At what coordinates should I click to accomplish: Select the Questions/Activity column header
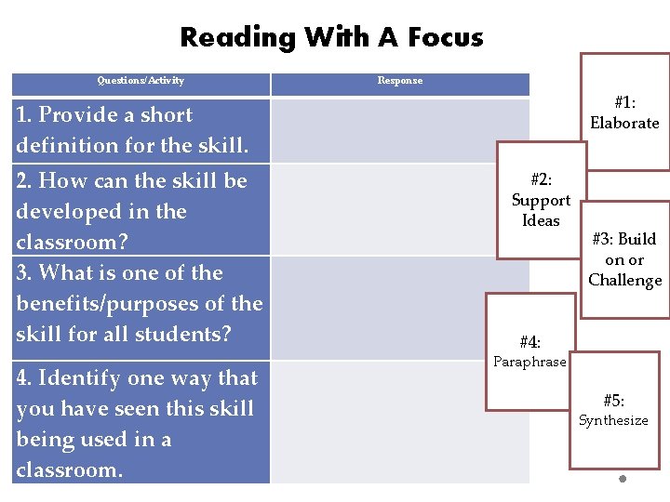coord(141,81)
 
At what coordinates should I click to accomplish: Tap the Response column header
coord(400,81)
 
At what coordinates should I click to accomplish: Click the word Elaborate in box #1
coord(624,123)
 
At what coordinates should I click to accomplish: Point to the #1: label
coord(625,103)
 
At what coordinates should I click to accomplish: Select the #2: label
coord(541,180)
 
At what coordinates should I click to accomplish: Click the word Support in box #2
coord(541,200)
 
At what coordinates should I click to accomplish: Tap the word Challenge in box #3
coord(624,280)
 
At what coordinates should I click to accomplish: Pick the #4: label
coord(529,342)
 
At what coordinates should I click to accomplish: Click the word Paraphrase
coord(529,362)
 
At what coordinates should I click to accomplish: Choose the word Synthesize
coord(613,420)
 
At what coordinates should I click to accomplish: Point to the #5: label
coord(613,401)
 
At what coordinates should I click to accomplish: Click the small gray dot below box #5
coord(623,480)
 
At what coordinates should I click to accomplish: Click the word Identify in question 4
coord(79,377)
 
